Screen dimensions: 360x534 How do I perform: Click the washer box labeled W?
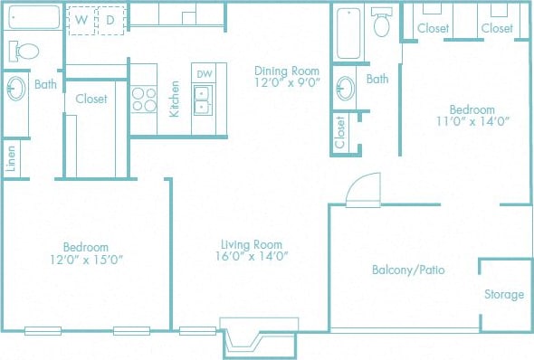[x=82, y=19]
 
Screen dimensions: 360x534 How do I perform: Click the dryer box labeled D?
[x=110, y=19]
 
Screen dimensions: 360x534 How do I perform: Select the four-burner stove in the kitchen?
[x=144, y=98]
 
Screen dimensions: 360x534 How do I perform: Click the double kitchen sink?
[x=203, y=99]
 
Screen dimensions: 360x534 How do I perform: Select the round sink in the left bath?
[x=16, y=90]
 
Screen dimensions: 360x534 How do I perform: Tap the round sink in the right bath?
[x=345, y=89]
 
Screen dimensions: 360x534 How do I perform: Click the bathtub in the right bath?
[x=348, y=34]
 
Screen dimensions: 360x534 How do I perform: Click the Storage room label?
[x=504, y=295]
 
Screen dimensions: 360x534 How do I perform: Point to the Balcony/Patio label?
[x=408, y=270]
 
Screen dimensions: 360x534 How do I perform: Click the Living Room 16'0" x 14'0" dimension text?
[x=253, y=256]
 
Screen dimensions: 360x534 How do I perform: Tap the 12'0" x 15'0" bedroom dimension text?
[x=86, y=259]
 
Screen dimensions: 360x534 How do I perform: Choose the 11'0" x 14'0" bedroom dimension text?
[x=468, y=121]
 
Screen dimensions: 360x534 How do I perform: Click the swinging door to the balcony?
[x=365, y=189]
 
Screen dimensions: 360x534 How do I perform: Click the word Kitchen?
[x=176, y=99]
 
